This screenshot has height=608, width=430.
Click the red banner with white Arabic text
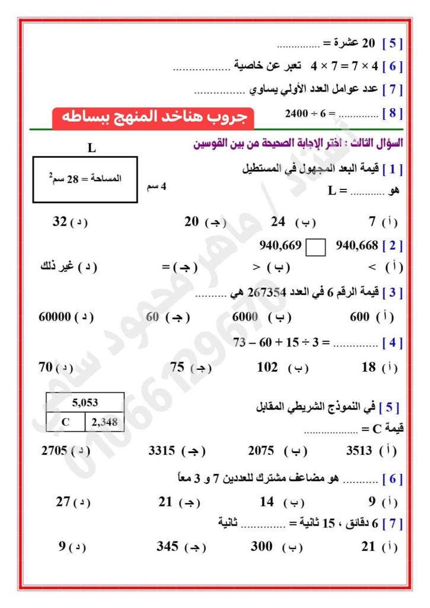(x=153, y=118)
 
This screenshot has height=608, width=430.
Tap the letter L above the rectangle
(x=91, y=148)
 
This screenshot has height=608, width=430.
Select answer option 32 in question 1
(x=60, y=222)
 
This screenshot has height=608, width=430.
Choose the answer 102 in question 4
(x=267, y=368)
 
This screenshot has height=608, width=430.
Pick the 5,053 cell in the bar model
(x=85, y=403)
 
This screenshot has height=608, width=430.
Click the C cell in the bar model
(x=65, y=422)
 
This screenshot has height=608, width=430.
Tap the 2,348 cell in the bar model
(x=104, y=422)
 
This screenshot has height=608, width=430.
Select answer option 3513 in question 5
(x=359, y=450)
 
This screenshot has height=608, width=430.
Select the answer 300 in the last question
(x=262, y=546)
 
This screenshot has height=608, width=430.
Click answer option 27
(x=63, y=502)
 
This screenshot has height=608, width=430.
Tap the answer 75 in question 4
(x=178, y=368)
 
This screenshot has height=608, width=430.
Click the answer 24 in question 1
(x=279, y=222)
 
